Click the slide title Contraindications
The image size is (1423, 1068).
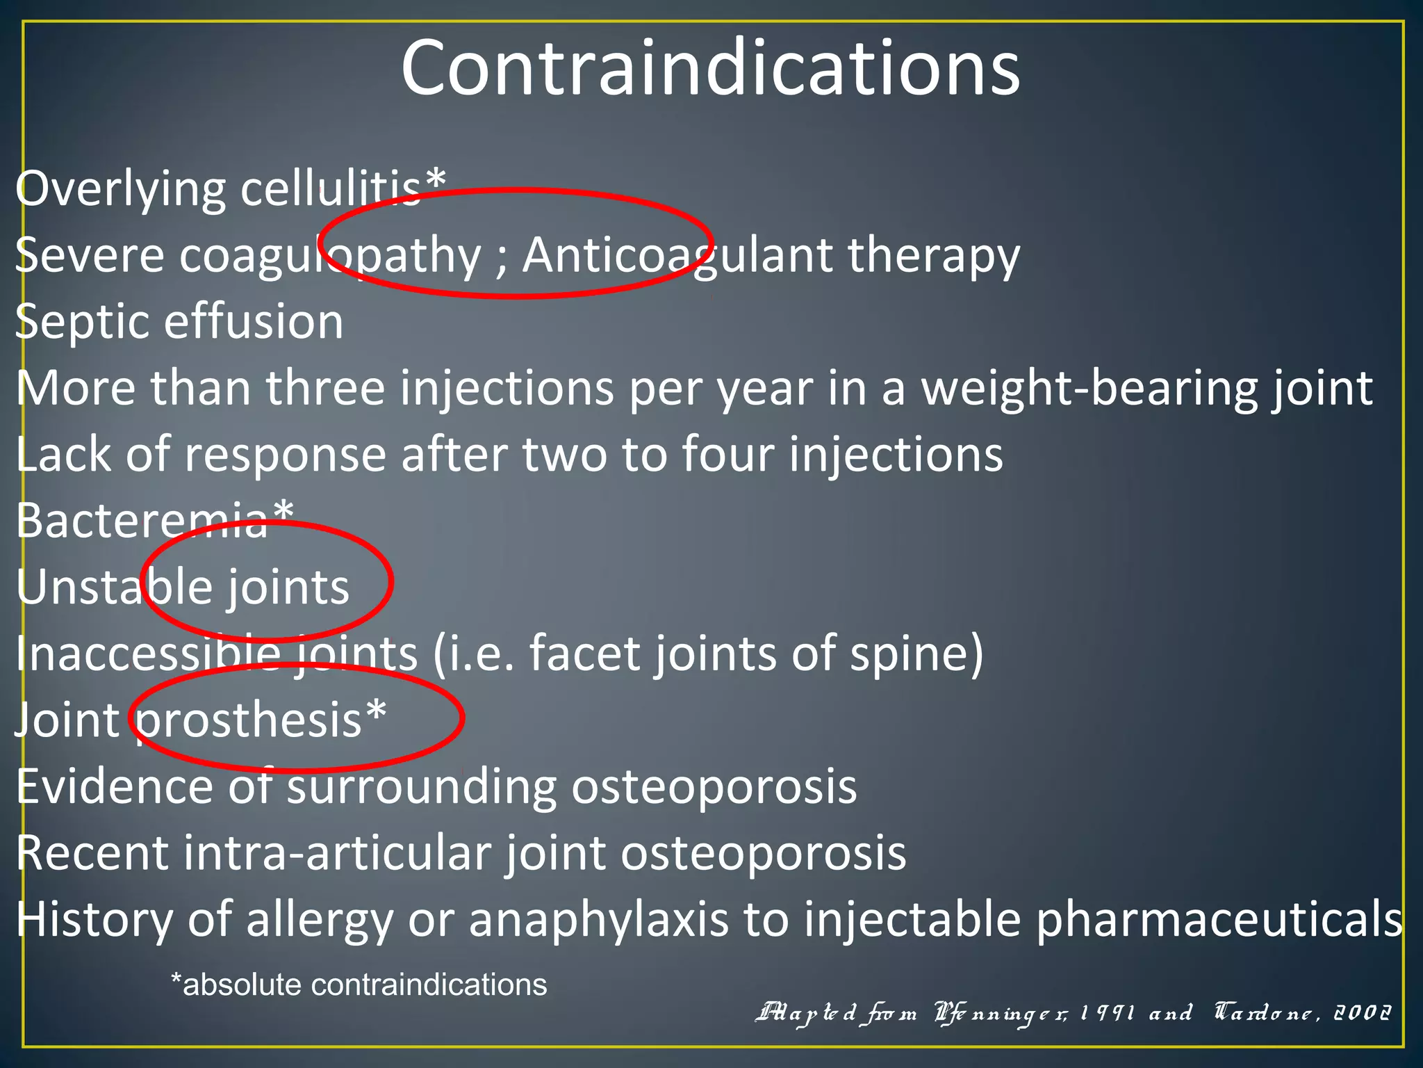tap(710, 68)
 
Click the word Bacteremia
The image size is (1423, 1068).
tap(142, 520)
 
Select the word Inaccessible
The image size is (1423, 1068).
tap(148, 654)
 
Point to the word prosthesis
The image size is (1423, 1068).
tap(249, 720)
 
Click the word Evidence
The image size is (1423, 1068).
tap(114, 786)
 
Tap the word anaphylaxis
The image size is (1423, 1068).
tap(598, 920)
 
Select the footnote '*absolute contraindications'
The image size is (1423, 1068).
tap(359, 985)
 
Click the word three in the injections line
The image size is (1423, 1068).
tap(325, 388)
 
